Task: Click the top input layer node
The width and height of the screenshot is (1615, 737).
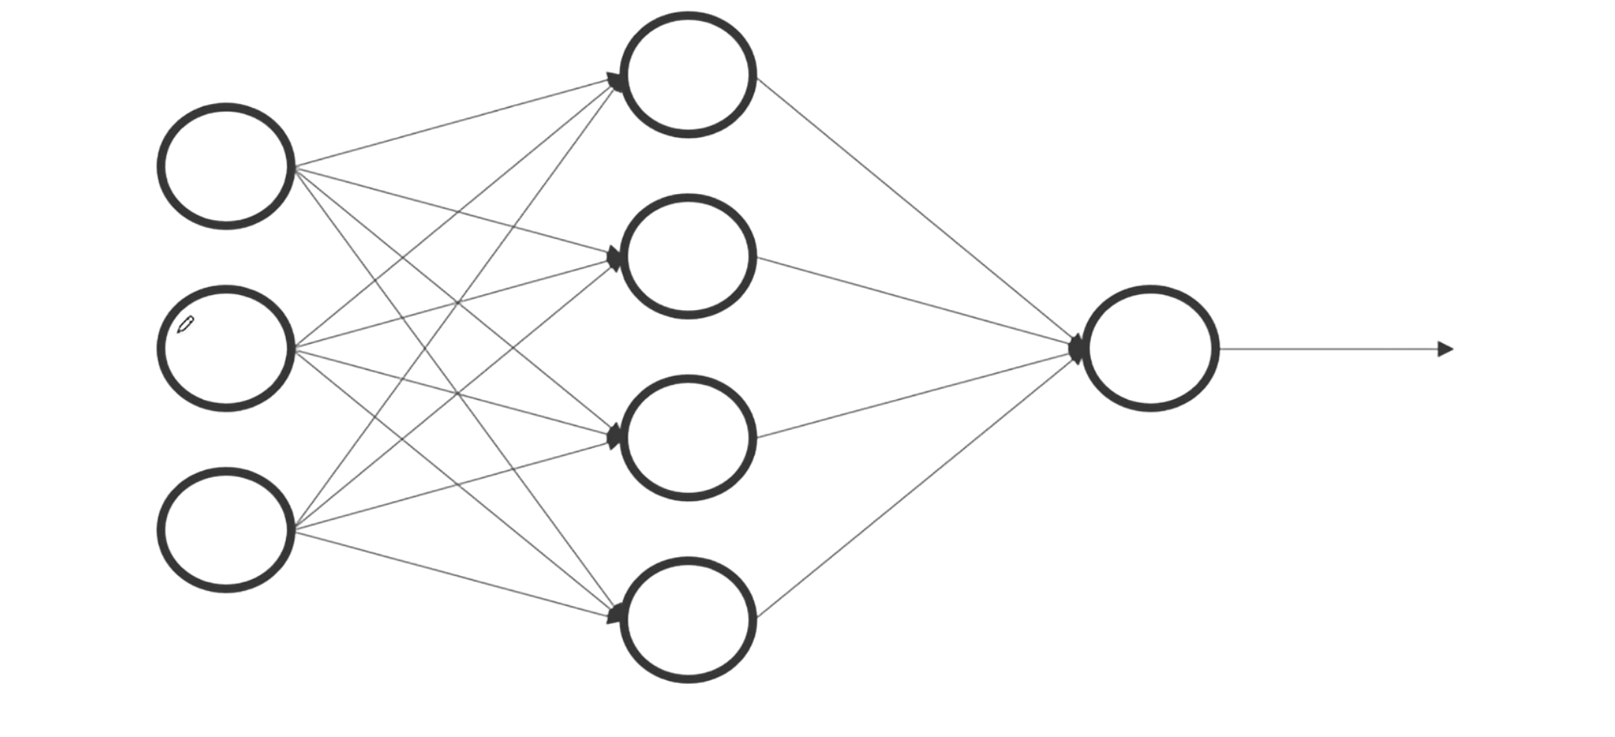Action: coord(225,166)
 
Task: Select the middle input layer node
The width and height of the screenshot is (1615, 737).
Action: coord(225,348)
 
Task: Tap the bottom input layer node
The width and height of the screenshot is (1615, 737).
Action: coord(225,530)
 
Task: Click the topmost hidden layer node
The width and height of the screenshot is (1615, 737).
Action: coord(688,75)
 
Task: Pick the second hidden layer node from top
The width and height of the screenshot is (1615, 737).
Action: coord(688,257)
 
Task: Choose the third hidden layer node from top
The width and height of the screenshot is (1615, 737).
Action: coord(688,438)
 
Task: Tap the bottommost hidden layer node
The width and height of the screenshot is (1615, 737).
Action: coord(688,620)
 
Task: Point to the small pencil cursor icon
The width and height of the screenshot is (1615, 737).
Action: coord(186,324)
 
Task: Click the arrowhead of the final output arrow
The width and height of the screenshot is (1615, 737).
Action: coord(1446,349)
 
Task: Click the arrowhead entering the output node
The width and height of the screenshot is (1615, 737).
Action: coord(1077,349)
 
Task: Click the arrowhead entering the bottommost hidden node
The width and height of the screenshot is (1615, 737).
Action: coord(615,615)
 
